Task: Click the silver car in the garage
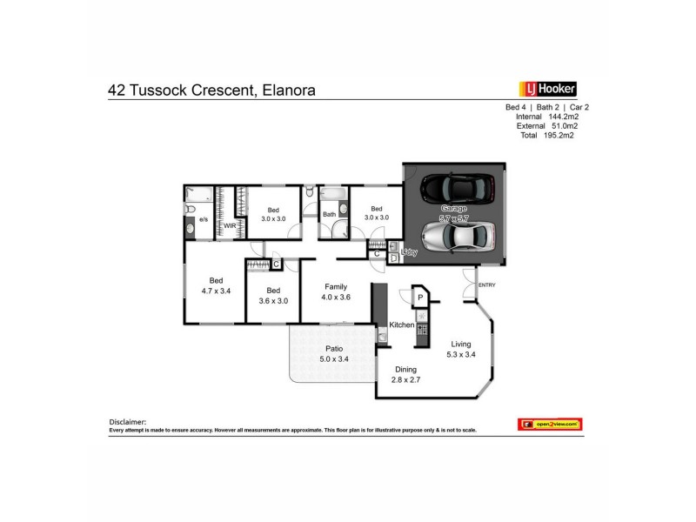[458, 235]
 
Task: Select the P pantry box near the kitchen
[419, 298]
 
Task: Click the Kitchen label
[401, 325]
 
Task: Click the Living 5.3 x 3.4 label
[461, 349]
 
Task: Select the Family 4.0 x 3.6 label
[336, 292]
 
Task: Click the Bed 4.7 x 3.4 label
[215, 285]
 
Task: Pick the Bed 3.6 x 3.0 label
[272, 296]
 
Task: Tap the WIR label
[230, 225]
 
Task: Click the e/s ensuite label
[204, 221]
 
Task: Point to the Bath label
[329, 214]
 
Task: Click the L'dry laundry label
[409, 252]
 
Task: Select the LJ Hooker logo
[547, 88]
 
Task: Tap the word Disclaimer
[128, 420]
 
